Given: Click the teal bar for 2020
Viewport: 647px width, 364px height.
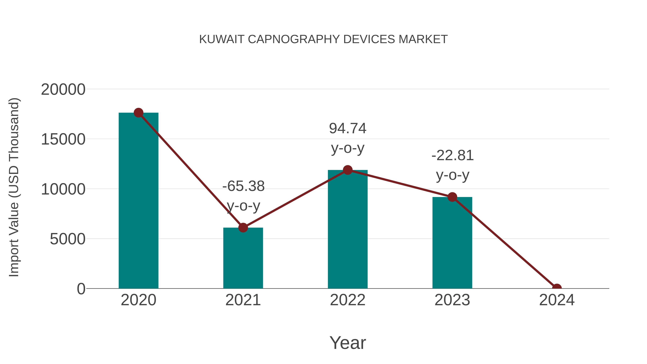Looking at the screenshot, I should tap(138, 201).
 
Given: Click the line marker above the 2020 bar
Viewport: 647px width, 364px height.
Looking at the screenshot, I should tap(138, 113).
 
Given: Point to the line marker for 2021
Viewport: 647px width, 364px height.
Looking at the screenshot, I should tap(243, 228).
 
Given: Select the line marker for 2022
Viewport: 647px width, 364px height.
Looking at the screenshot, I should tap(348, 170).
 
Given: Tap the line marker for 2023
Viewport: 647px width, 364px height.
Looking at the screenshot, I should tap(452, 197).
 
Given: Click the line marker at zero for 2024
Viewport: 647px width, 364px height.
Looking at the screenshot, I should tap(557, 288).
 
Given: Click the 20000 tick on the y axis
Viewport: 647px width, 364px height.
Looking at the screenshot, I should tap(63, 90).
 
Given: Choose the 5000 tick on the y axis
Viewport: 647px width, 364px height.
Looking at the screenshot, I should tap(67, 239).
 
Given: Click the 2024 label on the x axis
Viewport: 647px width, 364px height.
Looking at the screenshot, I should tap(557, 300).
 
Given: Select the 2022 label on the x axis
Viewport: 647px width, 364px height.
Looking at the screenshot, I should tap(348, 300).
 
